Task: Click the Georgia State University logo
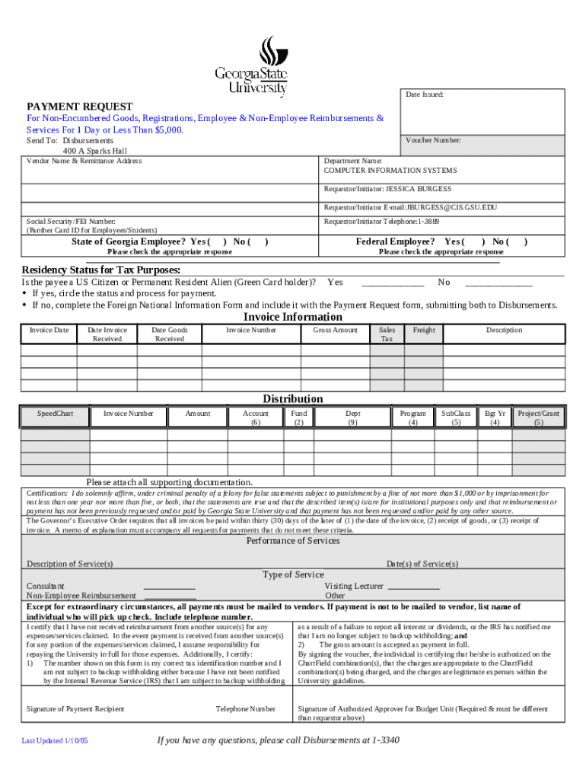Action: [251, 67]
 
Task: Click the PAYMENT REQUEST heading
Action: [80, 107]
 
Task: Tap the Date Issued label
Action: [424, 94]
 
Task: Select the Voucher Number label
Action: [433, 140]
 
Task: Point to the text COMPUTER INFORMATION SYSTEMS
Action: [390, 170]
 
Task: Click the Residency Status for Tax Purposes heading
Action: [100, 270]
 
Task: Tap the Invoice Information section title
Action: [292, 317]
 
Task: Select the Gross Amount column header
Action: [335, 330]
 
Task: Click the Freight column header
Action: [424, 330]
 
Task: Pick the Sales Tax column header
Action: [387, 334]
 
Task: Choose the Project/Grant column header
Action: [538, 417]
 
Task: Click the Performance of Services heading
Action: [293, 541]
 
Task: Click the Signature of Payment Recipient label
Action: [75, 708]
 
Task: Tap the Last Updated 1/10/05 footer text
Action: [55, 740]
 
